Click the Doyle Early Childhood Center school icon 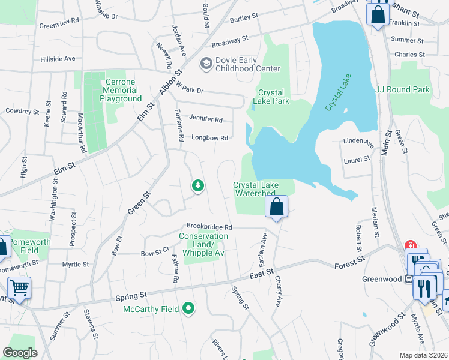[x=206, y=63]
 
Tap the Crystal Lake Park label [x=274, y=97]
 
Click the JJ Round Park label [x=402, y=89]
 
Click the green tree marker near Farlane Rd [x=197, y=186]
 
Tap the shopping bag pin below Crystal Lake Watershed [x=276, y=208]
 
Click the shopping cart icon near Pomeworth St [x=19, y=289]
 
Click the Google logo [x=20, y=353]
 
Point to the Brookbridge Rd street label [x=208, y=227]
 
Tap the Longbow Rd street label [x=209, y=138]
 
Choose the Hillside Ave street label [x=58, y=59]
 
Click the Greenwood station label [x=381, y=278]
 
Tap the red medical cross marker [x=411, y=245]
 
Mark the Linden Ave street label [x=358, y=145]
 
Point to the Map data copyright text [x=423, y=355]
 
